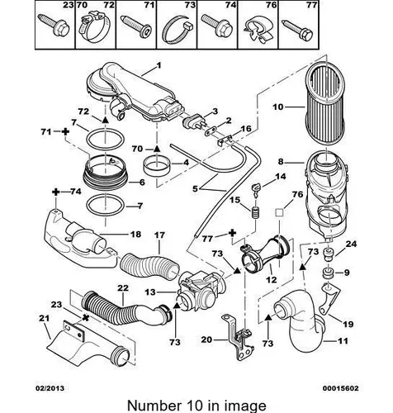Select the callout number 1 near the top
click(x=159, y=65)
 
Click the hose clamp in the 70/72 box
click(x=95, y=30)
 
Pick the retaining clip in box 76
click(x=258, y=31)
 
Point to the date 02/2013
click(x=50, y=388)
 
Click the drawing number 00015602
click(x=341, y=388)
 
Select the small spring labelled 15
click(x=256, y=213)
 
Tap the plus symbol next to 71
click(x=65, y=131)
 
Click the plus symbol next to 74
click(x=56, y=192)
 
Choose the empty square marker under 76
click(x=279, y=213)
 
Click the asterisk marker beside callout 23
click(x=86, y=318)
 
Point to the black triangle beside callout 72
click(x=105, y=120)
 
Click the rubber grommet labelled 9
click(x=328, y=273)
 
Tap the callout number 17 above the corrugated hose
click(x=159, y=235)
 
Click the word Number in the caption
click(x=152, y=406)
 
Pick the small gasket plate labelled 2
click(x=211, y=131)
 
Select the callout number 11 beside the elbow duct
click(x=343, y=341)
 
